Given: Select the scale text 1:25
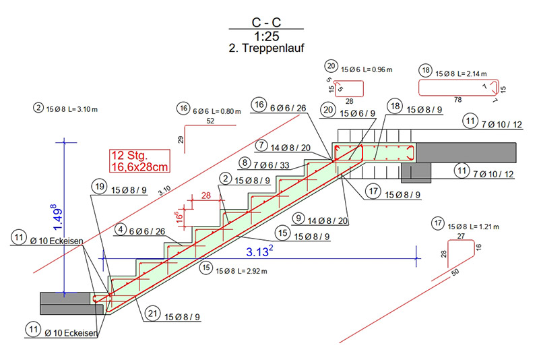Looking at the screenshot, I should point(265,35).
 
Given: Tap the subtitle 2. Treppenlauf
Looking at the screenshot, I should point(265,48).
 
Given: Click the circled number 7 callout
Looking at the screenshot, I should point(261,146).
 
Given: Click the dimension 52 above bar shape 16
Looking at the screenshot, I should point(210,121).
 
